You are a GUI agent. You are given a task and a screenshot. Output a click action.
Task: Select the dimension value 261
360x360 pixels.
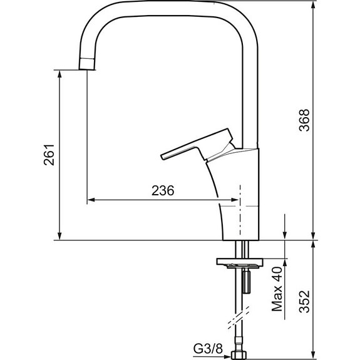coord(49,154)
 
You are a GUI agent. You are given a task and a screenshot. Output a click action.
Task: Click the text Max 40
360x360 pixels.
coord(276,289)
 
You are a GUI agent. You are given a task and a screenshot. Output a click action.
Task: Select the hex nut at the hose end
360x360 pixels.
coord(239,354)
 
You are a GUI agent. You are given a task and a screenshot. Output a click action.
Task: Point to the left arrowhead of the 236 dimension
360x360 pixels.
coord(90,200)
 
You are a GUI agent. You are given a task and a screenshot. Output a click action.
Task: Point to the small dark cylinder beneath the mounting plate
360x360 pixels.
coord(247,281)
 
